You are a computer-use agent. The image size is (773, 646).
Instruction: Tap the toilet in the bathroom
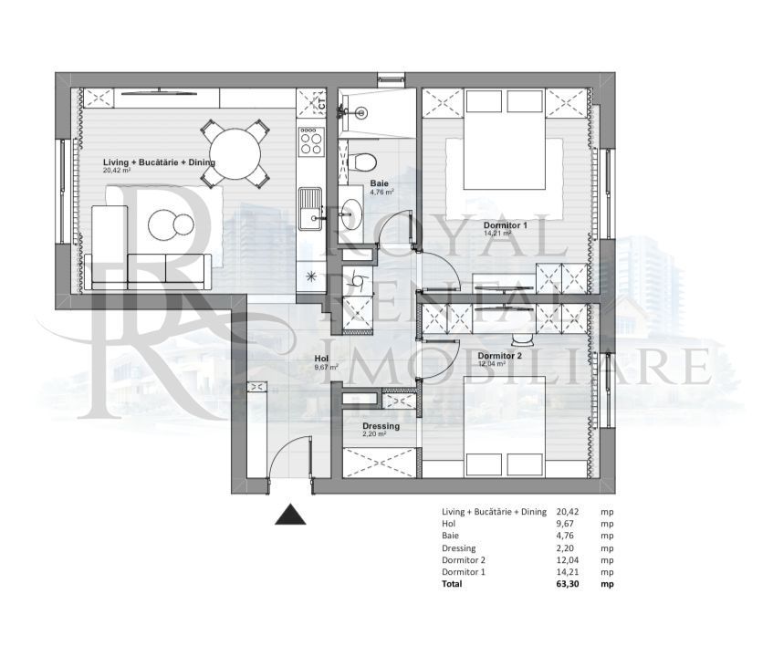363,161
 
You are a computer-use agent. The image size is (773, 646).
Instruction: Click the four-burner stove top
310,141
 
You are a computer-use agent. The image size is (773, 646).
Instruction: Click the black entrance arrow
291,516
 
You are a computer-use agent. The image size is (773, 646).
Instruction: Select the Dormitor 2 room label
499,356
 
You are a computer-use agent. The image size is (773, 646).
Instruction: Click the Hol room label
320,359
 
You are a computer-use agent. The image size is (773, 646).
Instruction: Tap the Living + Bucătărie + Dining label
159,161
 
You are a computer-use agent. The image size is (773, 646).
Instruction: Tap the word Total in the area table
452,583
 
